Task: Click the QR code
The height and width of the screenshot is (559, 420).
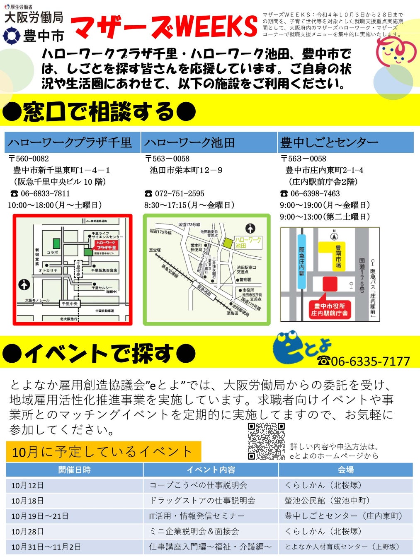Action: (266, 441)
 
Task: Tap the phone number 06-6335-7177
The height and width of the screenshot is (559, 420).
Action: (364, 361)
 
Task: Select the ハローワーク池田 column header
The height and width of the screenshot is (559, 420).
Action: (190, 143)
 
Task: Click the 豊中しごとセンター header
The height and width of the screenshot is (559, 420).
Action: (330, 143)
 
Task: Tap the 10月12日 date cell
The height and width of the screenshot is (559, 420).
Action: (27, 485)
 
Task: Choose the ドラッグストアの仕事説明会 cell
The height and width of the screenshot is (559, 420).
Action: (202, 501)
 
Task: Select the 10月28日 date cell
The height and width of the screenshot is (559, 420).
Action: (27, 531)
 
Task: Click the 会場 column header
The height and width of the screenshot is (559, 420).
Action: (345, 470)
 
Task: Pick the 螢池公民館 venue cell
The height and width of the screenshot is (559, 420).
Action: (327, 501)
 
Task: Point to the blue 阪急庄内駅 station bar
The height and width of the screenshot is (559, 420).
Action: (302, 262)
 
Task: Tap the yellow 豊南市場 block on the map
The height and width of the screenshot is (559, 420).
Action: (334, 256)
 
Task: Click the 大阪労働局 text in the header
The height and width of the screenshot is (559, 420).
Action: (34, 17)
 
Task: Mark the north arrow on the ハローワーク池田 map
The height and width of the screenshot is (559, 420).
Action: (250, 228)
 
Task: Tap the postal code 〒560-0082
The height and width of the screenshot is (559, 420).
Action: (29, 159)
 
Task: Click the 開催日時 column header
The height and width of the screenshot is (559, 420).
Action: (74, 470)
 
